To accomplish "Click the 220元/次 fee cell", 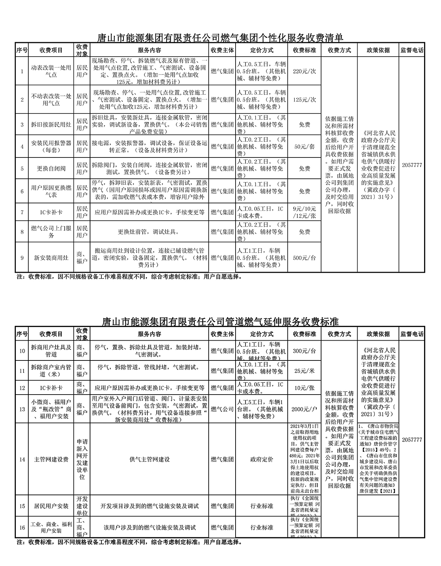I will click(x=304, y=71).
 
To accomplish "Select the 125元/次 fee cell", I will click(x=304, y=99).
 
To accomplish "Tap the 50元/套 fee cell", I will click(x=304, y=146).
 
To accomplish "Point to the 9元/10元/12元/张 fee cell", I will click(x=304, y=212).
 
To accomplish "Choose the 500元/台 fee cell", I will click(x=304, y=258).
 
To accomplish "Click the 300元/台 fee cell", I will click(x=304, y=351).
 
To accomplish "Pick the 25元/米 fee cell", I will click(x=304, y=371).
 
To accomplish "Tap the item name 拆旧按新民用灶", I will click(x=51, y=124).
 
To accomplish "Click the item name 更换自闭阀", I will click(x=51, y=168).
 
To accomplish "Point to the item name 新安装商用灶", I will click(x=51, y=258).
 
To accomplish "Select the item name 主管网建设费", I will click(x=51, y=459).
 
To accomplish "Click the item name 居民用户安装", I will click(x=51, y=506).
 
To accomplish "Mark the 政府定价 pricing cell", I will click(x=262, y=459).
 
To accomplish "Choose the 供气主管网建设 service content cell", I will click(x=150, y=459).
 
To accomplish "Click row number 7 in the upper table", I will click(x=22, y=212).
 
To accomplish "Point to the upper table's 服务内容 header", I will click(x=150, y=50).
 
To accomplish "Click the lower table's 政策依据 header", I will click(x=378, y=334).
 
